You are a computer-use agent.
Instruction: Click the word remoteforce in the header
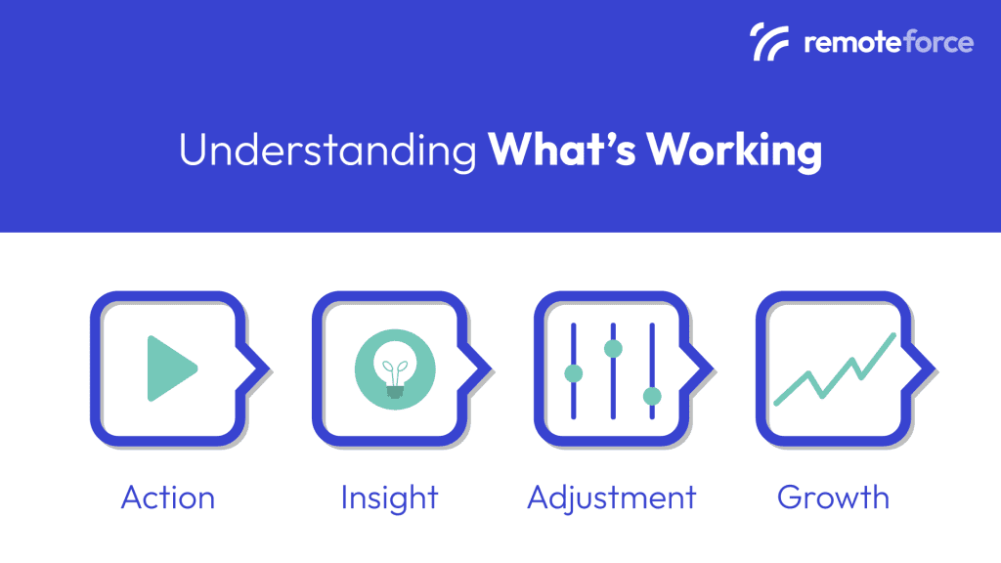888,43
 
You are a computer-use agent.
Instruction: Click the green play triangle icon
170,368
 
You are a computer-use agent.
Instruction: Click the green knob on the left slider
574,373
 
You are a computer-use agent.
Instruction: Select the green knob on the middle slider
613,348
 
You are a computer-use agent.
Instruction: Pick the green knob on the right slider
652,396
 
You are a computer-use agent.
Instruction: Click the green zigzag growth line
834,371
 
